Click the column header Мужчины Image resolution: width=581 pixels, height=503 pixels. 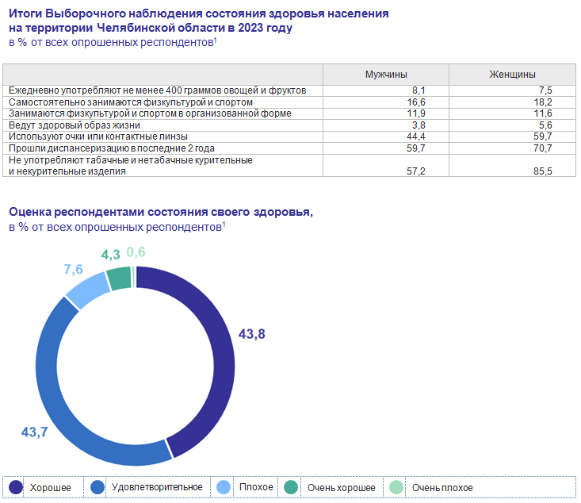tap(386, 74)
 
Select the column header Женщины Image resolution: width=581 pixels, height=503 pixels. tap(512, 74)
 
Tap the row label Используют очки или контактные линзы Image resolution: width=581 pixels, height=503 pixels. tap(99, 136)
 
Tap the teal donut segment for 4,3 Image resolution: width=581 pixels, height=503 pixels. tap(119, 278)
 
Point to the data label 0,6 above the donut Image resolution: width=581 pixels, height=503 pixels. tap(136, 252)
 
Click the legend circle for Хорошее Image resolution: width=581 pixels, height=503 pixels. tap(16, 487)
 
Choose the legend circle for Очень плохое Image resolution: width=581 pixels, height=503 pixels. tap(397, 487)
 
